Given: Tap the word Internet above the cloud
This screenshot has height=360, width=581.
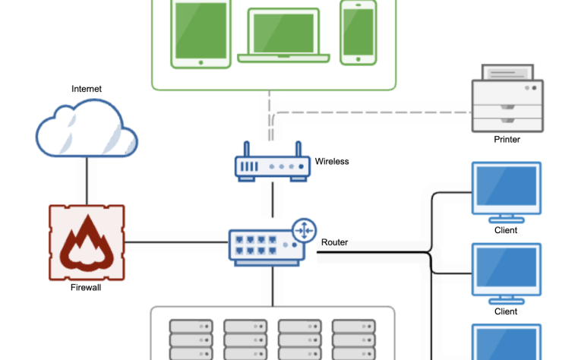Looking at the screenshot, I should point(87,89).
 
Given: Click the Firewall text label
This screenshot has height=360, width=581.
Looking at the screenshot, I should point(85,288).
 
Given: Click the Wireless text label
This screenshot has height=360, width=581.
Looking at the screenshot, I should point(332,161).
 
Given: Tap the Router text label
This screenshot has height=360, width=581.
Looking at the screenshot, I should point(334,243).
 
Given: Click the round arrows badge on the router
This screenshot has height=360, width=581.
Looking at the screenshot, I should point(305,229).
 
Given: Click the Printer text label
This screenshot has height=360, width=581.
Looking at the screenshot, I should point(507,140).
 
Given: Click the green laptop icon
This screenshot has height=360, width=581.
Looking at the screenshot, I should point(284,35).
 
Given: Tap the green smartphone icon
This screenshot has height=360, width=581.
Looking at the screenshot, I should point(358,32).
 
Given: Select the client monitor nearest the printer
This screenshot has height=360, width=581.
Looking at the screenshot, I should point(506,190).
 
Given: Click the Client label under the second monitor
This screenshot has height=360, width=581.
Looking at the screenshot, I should point(506,311).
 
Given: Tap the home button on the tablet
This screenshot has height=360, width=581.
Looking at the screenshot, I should point(201,63).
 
